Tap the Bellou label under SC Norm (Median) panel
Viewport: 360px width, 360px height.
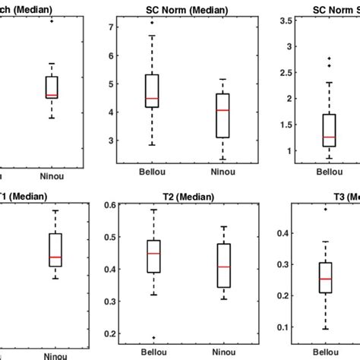coord(152,175)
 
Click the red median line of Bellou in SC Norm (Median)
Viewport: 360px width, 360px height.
coord(152,99)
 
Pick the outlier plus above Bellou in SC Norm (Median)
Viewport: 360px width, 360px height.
coord(152,24)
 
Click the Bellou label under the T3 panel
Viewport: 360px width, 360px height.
coord(326,352)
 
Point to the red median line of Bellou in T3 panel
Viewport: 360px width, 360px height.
coord(326,279)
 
